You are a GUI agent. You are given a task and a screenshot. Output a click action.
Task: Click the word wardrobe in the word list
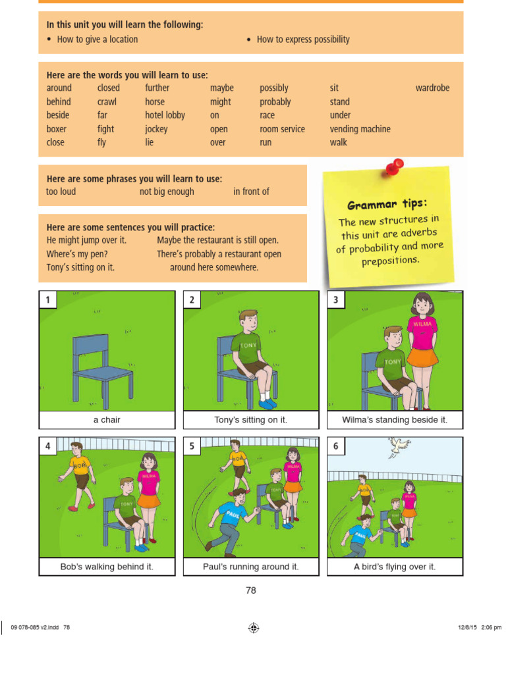432,88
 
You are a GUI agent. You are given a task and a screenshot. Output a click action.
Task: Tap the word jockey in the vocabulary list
156,129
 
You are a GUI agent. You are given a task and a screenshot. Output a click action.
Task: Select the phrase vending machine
360,129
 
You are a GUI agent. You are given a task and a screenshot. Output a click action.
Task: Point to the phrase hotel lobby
165,115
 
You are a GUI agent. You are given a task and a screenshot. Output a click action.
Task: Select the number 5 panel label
192,446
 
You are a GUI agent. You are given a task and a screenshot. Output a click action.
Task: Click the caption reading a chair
107,420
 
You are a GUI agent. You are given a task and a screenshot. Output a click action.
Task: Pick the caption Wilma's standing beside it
395,420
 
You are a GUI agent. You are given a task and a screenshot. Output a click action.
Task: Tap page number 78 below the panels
250,590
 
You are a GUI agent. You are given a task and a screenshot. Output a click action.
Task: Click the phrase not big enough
167,192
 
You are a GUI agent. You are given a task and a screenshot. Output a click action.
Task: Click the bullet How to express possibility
302,39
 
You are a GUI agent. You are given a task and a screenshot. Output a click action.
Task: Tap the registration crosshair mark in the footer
254,628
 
